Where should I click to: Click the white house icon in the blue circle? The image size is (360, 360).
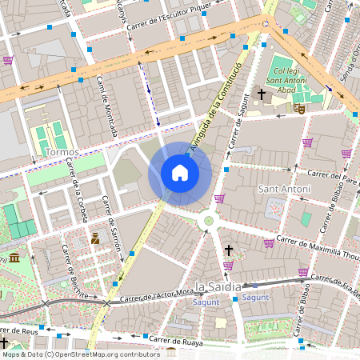pyautogui.click(x=180, y=173)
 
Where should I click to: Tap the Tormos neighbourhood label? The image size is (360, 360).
pyautogui.click(x=62, y=152)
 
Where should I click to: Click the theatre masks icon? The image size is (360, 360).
pyautogui.click(x=300, y=107)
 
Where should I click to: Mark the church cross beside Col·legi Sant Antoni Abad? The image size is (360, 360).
pyautogui.click(x=261, y=94)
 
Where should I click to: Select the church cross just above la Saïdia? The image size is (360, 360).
pyautogui.click(x=229, y=250)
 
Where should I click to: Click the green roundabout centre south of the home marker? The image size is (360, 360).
pyautogui.click(x=210, y=221)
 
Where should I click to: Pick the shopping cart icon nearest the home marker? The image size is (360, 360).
pyautogui.click(x=220, y=198)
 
